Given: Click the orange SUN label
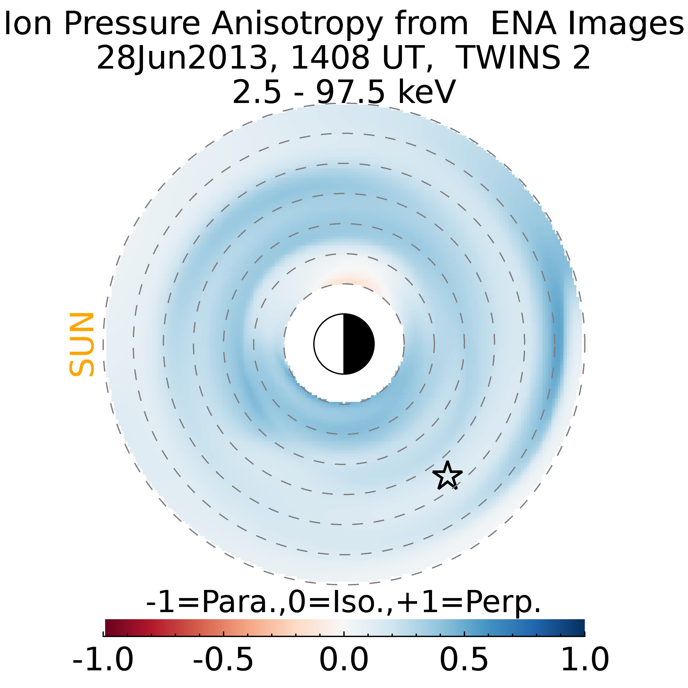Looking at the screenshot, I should coord(81,344).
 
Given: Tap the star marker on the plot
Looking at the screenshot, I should coord(447,476).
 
